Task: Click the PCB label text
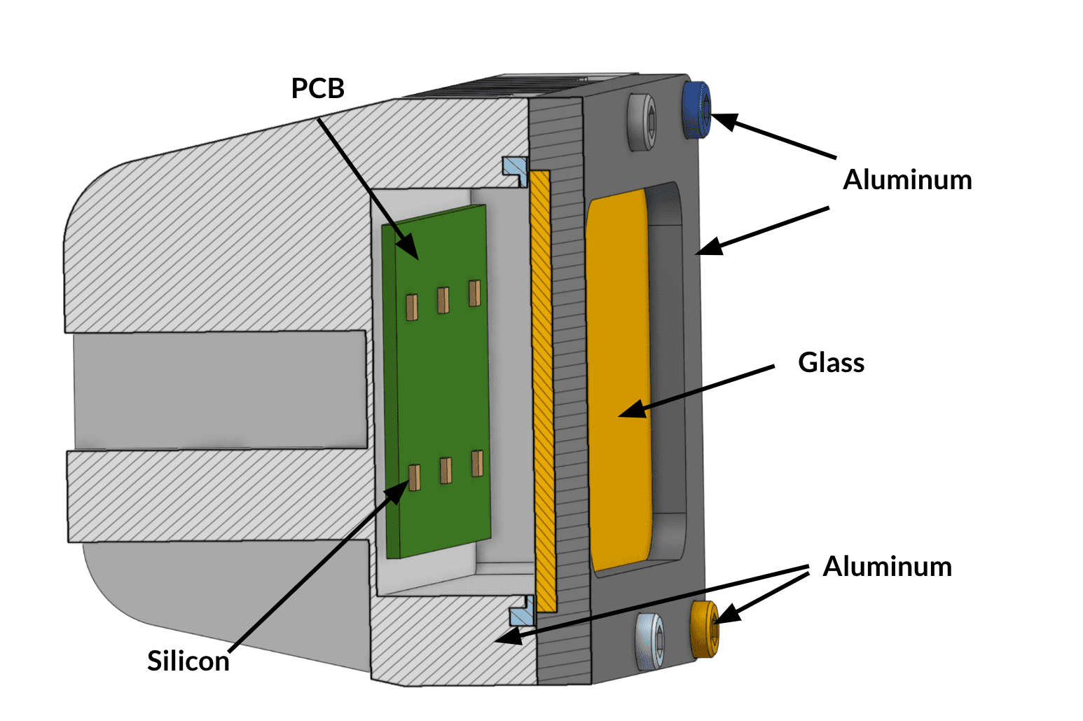[318, 89]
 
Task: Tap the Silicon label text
[188, 661]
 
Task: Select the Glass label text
[831, 363]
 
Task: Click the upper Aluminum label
[907, 180]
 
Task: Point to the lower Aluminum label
[887, 567]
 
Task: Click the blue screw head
[696, 109]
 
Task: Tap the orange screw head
[704, 629]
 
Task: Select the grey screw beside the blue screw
[642, 122]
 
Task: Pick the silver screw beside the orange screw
[650, 640]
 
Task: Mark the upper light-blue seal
[515, 169]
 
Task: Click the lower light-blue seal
[522, 613]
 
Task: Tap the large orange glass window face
[619, 378]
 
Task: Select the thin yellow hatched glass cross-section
[542, 385]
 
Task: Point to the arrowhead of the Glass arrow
[630, 411]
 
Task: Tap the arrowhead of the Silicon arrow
[399, 491]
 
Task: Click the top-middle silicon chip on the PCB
[443, 300]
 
